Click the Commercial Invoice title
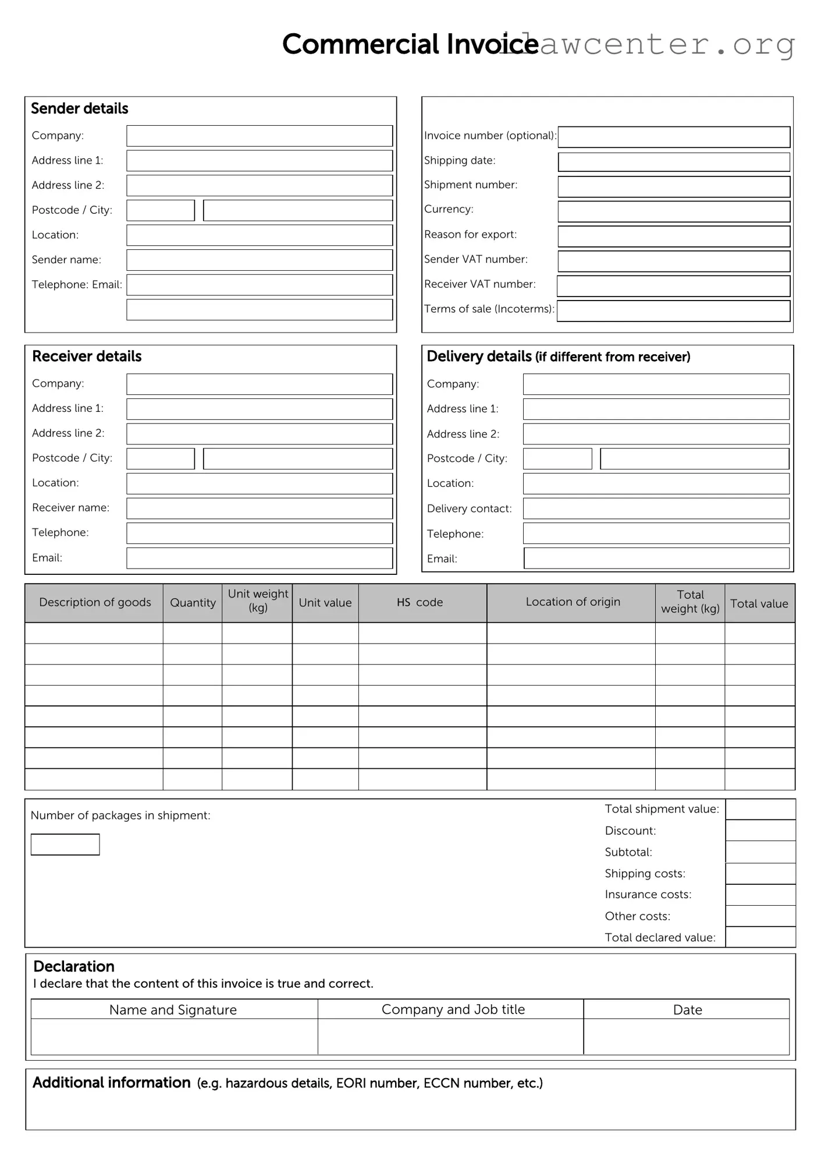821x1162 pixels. (410, 44)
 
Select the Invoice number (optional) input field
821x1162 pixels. (674, 137)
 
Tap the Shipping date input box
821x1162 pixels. (674, 162)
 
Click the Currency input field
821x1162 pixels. (674, 211)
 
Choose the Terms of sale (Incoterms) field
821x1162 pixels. (674, 310)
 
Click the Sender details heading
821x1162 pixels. (80, 109)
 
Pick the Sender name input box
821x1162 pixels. (260, 260)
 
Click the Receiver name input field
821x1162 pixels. (260, 508)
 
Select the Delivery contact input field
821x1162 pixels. (656, 508)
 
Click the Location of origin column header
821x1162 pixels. (573, 602)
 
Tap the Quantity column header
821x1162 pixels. (193, 603)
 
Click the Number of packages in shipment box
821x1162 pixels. (65, 845)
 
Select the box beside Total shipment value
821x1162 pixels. (760, 810)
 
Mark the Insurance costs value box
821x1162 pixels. (760, 895)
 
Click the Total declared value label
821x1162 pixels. (660, 937)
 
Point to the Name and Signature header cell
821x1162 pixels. (173, 1009)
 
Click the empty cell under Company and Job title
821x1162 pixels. (450, 1036)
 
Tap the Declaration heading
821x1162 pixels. (74, 966)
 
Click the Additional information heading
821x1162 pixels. (112, 1083)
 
